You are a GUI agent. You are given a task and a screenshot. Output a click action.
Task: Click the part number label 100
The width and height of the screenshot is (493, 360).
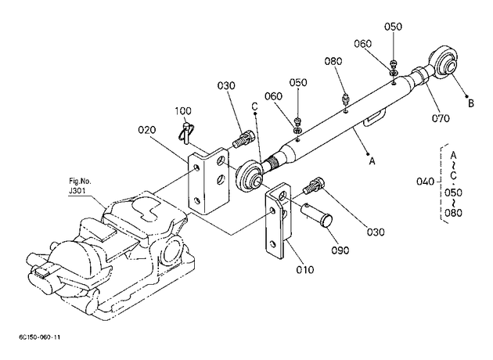coord(183,111)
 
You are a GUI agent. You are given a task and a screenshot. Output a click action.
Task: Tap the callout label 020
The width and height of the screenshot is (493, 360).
coord(147,130)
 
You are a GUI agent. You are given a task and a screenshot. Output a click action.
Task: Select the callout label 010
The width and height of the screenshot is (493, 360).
coord(305,269)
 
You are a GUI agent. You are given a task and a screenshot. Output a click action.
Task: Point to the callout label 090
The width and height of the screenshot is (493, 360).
coord(340,250)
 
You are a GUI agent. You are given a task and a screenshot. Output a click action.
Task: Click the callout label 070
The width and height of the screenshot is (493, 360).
coord(441,118)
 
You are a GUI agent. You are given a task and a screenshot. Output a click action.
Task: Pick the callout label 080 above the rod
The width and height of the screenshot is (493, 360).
coord(333,61)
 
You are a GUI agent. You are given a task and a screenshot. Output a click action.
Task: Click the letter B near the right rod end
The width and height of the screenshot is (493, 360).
coord(471,103)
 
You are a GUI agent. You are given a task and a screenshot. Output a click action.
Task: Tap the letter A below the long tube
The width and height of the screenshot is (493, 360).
coord(372,161)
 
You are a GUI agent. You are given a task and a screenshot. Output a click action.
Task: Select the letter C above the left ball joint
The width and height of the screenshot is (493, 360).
coord(254,107)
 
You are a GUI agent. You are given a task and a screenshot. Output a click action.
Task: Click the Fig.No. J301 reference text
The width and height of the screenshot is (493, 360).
coord(80,185)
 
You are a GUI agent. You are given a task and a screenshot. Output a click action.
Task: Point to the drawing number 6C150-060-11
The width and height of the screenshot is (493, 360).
coord(40,337)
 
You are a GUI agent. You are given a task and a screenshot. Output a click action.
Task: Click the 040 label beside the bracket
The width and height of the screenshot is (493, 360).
coord(425,182)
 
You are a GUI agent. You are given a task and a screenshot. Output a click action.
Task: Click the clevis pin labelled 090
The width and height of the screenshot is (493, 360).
coord(317,214)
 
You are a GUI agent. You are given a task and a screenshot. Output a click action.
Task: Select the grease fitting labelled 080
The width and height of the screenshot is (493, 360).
coord(346,100)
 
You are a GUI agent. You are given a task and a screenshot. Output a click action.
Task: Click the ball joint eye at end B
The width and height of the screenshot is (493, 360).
coord(442,63)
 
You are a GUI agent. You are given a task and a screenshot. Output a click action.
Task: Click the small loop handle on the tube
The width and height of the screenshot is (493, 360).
coord(373,118)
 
